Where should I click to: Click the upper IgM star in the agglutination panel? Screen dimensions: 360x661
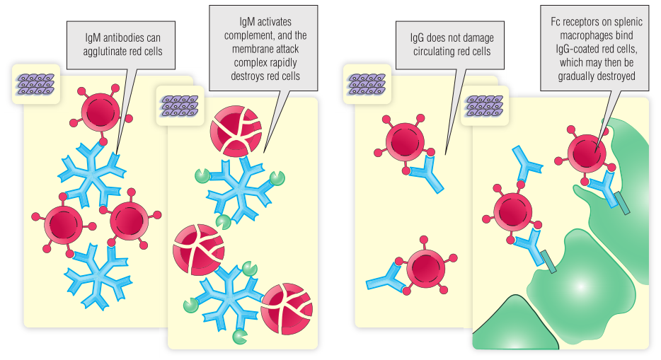click(91, 174)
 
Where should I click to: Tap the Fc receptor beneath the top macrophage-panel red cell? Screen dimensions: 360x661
click(622, 202)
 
